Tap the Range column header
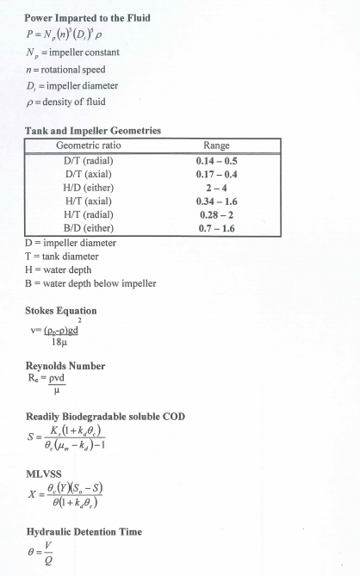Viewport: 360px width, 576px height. tap(214, 146)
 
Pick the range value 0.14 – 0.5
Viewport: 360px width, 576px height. tap(215, 160)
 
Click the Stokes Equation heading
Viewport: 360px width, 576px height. tap(60, 310)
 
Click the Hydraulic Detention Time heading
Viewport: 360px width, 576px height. tap(84, 532)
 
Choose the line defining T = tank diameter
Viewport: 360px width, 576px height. tap(61, 257)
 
